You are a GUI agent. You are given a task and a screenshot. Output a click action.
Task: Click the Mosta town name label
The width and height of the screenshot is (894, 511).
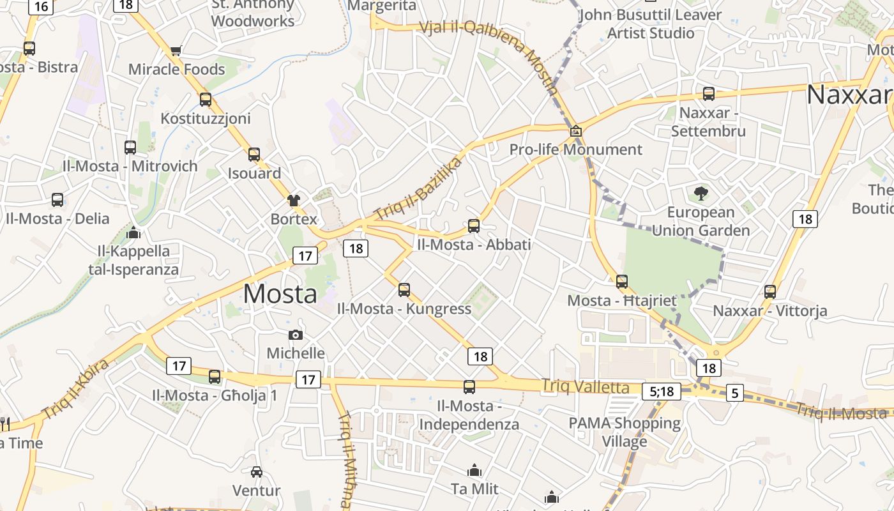280,294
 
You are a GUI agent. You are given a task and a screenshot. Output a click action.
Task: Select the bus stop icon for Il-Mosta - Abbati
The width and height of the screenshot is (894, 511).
473,225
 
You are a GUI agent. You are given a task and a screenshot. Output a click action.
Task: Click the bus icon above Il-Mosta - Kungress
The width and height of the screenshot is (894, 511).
404,289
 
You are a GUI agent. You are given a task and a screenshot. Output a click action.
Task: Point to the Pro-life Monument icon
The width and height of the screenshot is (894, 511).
576,131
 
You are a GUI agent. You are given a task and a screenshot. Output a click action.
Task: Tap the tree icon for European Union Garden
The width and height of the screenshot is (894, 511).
701,193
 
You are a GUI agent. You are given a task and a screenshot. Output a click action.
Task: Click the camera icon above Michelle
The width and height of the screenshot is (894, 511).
296,335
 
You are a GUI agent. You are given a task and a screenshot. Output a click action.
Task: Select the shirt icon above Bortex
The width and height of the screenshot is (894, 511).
294,200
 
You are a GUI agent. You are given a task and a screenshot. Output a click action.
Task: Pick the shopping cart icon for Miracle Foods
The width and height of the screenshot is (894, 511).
176,50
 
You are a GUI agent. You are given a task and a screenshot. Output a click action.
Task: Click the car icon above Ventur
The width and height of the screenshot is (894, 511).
257,472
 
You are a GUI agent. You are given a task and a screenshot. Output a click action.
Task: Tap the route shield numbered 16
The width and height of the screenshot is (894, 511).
41,6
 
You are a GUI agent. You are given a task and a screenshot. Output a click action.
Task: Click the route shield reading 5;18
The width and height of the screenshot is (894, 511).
662,392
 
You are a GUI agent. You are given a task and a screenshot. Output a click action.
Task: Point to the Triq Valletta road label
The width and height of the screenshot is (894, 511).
585,386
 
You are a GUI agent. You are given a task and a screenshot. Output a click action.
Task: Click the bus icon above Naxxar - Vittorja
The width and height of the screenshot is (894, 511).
770,292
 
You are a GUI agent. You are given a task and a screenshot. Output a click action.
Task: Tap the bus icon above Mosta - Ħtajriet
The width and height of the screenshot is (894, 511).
622,281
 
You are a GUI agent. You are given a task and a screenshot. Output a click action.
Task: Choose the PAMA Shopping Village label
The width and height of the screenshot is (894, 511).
625,432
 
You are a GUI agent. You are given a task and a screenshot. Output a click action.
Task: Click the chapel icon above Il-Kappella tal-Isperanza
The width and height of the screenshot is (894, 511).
133,233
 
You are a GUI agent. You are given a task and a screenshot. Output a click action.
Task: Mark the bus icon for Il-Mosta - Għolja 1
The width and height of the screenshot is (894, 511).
215,376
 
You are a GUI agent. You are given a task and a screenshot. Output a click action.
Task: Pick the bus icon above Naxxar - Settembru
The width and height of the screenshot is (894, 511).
709,94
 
